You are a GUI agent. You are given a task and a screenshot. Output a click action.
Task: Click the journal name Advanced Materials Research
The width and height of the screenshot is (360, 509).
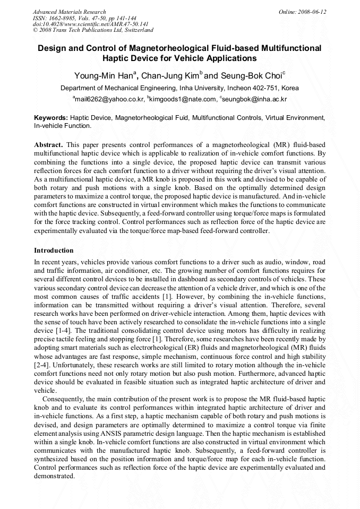[x=69, y=12]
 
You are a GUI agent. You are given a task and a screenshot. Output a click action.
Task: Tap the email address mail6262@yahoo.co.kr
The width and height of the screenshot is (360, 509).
[x=110, y=99]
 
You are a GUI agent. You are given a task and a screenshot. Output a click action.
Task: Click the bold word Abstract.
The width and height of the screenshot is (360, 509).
[x=48, y=145]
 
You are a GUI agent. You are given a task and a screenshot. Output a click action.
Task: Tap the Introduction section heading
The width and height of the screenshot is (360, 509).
[x=54, y=250]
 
